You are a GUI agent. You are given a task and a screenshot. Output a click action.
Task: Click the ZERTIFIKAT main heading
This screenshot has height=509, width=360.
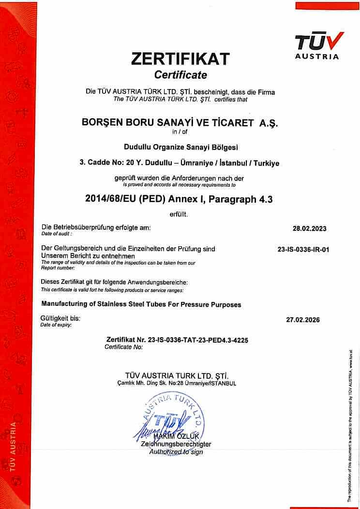180,59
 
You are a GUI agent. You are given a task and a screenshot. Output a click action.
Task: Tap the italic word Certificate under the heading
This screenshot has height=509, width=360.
180,75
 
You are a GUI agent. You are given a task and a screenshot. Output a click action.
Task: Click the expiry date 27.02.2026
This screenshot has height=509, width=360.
300,320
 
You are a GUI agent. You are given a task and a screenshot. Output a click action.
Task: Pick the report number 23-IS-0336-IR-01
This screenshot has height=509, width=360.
300,250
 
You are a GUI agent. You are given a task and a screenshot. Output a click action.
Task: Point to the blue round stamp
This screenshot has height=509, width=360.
174,416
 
